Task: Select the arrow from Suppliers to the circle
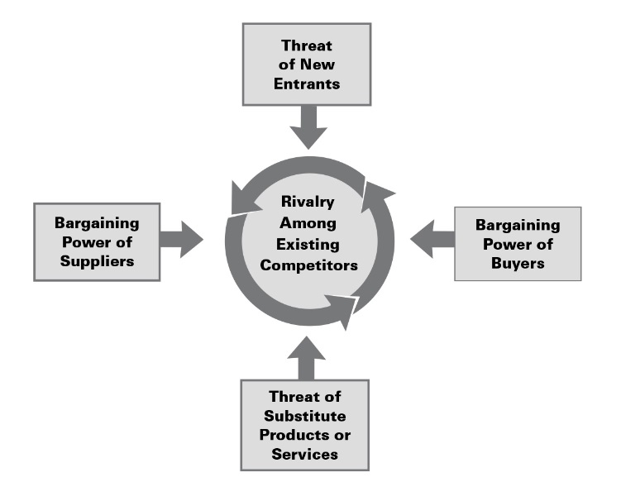(181, 240)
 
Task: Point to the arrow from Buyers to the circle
(431, 240)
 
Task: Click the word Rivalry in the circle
(309, 203)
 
